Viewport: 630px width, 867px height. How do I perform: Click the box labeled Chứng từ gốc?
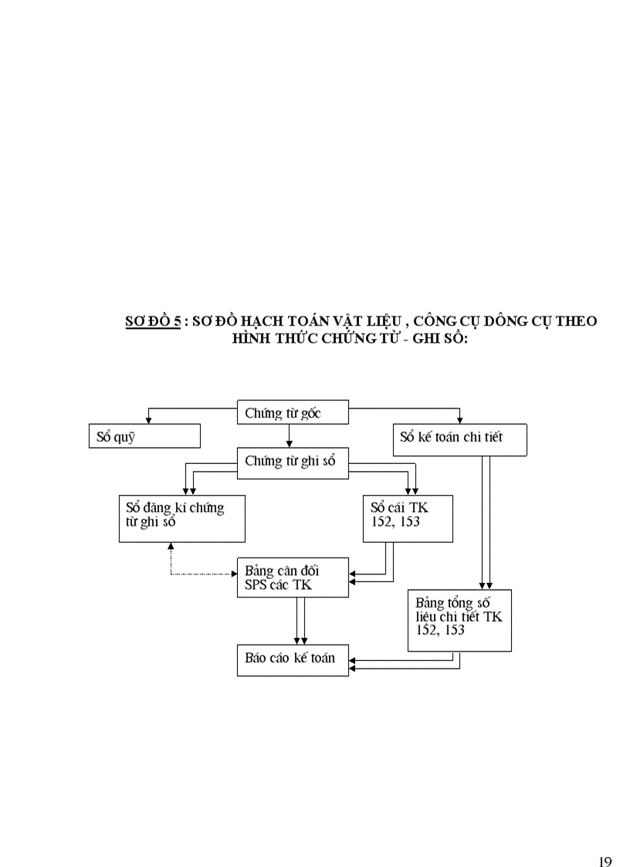pos(293,413)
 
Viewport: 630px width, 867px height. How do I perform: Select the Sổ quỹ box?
pos(144,436)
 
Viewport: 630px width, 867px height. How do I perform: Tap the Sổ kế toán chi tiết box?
pos(460,438)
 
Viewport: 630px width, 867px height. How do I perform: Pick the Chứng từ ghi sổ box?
pos(293,461)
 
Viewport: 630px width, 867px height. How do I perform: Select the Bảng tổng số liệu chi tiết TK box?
pos(459,620)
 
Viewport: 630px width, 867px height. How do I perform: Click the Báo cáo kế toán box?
pos(293,659)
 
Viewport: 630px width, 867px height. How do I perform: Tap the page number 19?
pos(605,841)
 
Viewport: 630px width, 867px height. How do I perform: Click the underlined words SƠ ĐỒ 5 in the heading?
pos(153,321)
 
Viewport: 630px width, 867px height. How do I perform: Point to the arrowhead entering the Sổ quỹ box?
pos(148,420)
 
